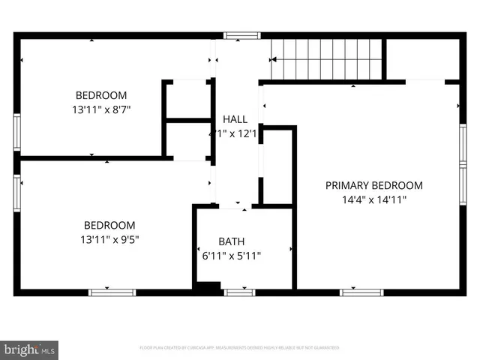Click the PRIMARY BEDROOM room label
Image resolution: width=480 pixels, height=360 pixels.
(x=373, y=185)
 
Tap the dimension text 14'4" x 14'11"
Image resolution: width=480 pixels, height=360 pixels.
(x=373, y=199)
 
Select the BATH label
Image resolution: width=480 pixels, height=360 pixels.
(x=231, y=241)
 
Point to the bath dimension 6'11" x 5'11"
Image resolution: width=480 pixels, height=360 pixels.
(x=231, y=256)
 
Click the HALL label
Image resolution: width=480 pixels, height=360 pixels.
(x=235, y=119)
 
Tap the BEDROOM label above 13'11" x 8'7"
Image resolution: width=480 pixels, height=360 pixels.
(x=101, y=95)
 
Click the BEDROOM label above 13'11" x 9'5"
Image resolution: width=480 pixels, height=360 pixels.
(x=109, y=225)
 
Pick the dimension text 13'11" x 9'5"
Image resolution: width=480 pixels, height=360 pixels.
(x=109, y=239)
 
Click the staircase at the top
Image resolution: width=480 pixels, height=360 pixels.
(x=327, y=58)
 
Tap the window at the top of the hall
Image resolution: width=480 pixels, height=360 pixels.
(x=241, y=35)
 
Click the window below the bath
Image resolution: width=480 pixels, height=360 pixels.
(x=239, y=292)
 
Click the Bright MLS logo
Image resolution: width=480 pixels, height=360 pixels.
(x=30, y=349)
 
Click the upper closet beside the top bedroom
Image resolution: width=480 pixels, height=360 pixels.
(x=187, y=99)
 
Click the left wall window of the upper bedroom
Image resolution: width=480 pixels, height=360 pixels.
(x=17, y=133)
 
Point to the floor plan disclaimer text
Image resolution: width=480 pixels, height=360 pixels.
(x=239, y=348)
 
